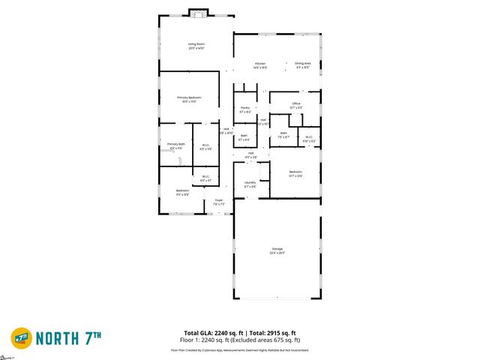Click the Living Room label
coord(196,45)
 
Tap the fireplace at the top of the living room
coord(198,13)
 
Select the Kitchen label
coord(260,64)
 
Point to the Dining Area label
coord(302,64)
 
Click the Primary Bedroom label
coord(189,98)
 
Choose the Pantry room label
coord(244,109)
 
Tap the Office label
coord(295,104)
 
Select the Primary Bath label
coord(176,145)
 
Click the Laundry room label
coord(250,183)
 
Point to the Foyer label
coord(219,201)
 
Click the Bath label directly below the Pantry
coord(244,136)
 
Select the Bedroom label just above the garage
coord(295,173)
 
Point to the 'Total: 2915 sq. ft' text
coord(272,332)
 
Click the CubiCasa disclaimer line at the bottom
coord(240,349)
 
